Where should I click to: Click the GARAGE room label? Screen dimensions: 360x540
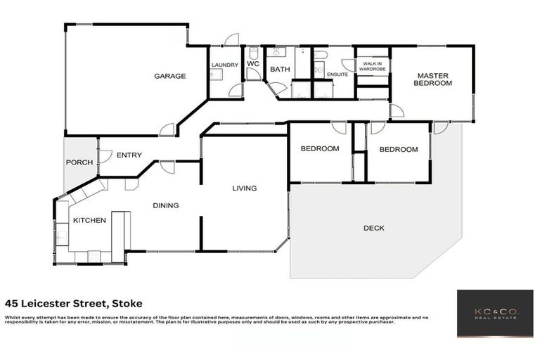[170, 76]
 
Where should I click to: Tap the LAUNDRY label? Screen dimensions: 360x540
[225, 65]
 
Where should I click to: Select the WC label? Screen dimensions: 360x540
[253, 65]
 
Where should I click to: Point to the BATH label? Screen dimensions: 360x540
[280, 69]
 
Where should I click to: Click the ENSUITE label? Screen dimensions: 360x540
[337, 74]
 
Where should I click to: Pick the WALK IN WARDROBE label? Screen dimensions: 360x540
[373, 67]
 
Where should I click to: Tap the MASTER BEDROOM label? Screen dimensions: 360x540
[432, 79]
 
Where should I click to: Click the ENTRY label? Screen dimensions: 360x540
[129, 155]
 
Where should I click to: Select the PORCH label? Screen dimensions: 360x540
[79, 162]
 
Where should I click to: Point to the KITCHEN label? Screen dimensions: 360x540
[90, 220]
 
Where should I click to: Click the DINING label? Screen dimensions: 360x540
[167, 205]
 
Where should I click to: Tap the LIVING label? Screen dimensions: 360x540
[245, 188]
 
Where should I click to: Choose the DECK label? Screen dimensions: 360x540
[374, 228]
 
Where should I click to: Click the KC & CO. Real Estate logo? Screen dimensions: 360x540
[494, 314]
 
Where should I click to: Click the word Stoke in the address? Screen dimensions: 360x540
[127, 304]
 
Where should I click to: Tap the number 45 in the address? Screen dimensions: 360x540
[12, 304]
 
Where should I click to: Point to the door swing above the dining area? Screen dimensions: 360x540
[167, 167]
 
